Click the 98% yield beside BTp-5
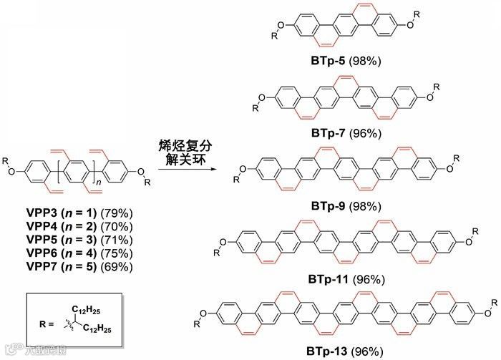point(365,61)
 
